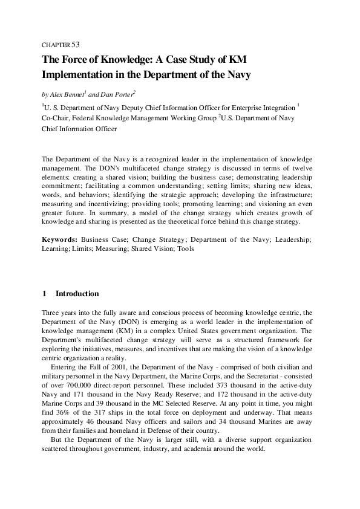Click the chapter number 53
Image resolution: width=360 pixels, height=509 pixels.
tap(76, 44)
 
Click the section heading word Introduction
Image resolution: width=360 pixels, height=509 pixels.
tap(77, 294)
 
